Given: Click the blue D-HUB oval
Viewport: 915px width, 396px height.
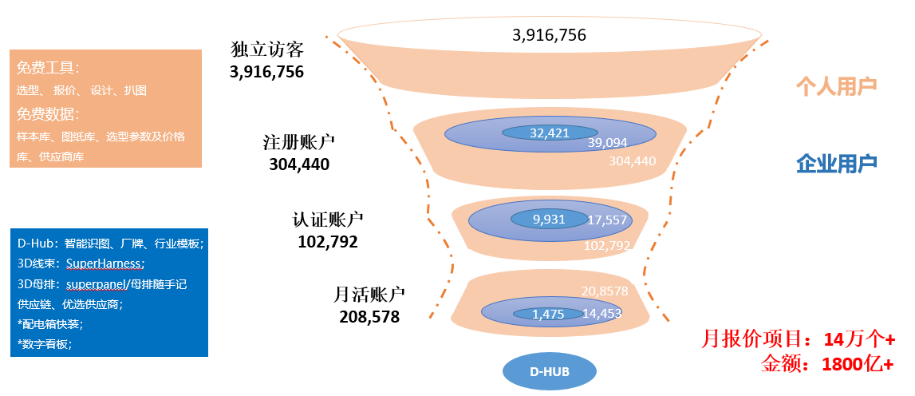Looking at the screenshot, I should click(x=550, y=371).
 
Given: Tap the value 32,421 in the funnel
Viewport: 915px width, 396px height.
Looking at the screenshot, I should click(x=550, y=133).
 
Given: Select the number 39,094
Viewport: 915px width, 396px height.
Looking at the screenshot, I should click(x=608, y=143).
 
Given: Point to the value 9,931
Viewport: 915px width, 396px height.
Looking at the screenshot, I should click(x=549, y=219).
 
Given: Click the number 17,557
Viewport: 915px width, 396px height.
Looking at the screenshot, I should click(x=607, y=220).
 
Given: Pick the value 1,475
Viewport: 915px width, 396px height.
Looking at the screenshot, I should click(x=548, y=314).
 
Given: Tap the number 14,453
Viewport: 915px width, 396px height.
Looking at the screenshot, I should click(x=602, y=314).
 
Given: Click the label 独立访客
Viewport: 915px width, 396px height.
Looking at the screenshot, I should click(x=266, y=49).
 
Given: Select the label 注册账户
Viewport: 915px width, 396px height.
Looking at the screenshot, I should click(x=299, y=143).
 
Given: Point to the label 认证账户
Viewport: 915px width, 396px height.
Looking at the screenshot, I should click(x=328, y=220).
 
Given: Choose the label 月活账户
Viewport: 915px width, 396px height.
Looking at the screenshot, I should click(x=366, y=295).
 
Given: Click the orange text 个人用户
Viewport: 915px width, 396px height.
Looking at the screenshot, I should click(x=836, y=86).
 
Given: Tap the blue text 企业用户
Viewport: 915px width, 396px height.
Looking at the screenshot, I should click(x=836, y=164).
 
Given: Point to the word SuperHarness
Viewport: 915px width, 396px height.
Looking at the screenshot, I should click(x=105, y=263).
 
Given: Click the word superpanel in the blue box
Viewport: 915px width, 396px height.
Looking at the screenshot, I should click(x=103, y=283).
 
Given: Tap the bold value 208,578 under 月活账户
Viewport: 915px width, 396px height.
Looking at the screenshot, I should click(x=369, y=316).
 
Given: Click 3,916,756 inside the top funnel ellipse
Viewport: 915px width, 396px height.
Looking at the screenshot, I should click(x=550, y=35).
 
